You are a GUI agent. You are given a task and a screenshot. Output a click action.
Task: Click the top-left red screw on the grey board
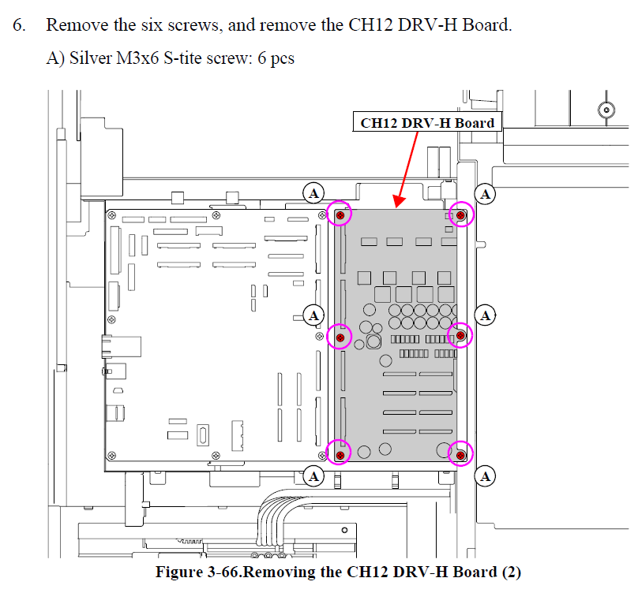click(340, 214)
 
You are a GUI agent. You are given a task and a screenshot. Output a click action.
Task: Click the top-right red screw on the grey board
click(461, 214)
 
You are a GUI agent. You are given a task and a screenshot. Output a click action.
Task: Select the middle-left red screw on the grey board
click(340, 337)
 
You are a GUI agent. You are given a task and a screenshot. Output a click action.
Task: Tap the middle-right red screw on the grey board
click(461, 337)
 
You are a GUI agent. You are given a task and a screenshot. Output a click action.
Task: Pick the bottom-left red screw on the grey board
click(340, 455)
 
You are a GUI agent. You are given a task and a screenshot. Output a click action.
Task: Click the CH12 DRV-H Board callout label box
click(427, 122)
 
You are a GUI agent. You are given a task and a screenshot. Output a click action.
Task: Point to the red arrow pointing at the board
click(409, 167)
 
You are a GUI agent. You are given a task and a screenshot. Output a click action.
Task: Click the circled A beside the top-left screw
click(314, 193)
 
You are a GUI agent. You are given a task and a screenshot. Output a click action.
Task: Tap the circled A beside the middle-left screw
click(314, 315)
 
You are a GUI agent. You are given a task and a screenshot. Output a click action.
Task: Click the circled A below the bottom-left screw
click(314, 475)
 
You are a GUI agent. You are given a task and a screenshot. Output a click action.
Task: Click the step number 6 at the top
click(19, 24)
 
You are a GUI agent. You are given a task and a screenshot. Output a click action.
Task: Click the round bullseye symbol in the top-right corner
click(606, 110)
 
